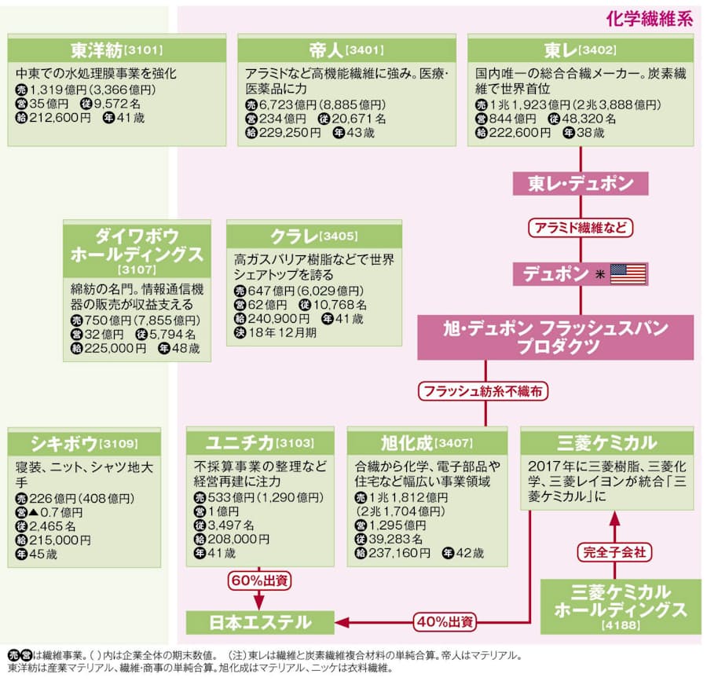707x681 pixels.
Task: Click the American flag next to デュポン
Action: [x=628, y=274]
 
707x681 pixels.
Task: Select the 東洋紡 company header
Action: [x=116, y=50]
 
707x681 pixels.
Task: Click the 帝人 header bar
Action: [x=346, y=50]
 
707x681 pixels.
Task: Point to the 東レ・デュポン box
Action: [x=581, y=184]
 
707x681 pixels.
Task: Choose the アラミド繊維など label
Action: [x=581, y=228]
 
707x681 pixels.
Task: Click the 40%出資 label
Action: [x=445, y=622]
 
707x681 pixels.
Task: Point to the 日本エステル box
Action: [x=259, y=622]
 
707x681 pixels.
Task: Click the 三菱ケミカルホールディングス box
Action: [x=620, y=606]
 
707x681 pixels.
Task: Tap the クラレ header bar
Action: [x=314, y=235]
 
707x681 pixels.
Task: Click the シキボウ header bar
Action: [x=83, y=442]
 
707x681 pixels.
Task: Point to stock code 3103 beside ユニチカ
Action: [x=295, y=443]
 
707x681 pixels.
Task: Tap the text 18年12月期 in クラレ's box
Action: [x=284, y=333]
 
